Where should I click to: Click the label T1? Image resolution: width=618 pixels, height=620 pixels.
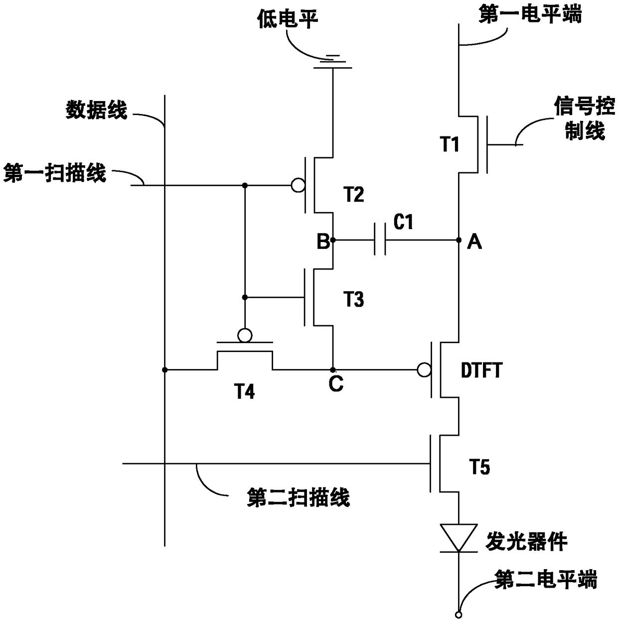tap(450, 145)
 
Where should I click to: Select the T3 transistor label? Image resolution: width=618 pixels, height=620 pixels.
tap(353, 299)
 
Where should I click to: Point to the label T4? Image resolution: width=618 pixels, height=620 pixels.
tap(245, 392)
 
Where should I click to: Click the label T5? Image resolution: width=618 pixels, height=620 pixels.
tap(479, 467)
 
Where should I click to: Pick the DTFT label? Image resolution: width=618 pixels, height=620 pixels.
tap(481, 371)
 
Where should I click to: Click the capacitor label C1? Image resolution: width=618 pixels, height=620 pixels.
tap(403, 222)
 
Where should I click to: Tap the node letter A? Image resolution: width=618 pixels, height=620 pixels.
tap(474, 243)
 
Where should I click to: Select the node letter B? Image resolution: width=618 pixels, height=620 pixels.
tap(323, 243)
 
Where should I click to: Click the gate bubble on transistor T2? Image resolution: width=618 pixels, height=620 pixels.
tap(298, 185)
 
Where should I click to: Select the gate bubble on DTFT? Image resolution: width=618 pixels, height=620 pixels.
tap(424, 370)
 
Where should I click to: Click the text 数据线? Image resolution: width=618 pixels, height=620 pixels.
tap(97, 110)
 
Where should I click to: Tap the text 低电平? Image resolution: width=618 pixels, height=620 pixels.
tap(288, 19)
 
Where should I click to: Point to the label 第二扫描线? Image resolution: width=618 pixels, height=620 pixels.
tap(298, 497)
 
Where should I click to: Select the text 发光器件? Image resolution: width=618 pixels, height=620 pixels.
tap(526, 541)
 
